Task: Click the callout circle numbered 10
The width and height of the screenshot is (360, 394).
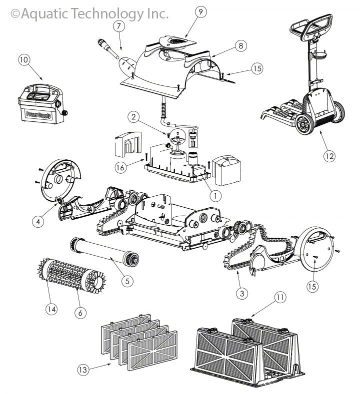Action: pyautogui.click(x=23, y=59)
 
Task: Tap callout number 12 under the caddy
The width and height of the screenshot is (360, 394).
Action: pyautogui.click(x=328, y=156)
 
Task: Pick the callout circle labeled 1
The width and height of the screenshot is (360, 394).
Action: pyautogui.click(x=214, y=196)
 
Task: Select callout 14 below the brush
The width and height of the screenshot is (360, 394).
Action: pyautogui.click(x=51, y=309)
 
